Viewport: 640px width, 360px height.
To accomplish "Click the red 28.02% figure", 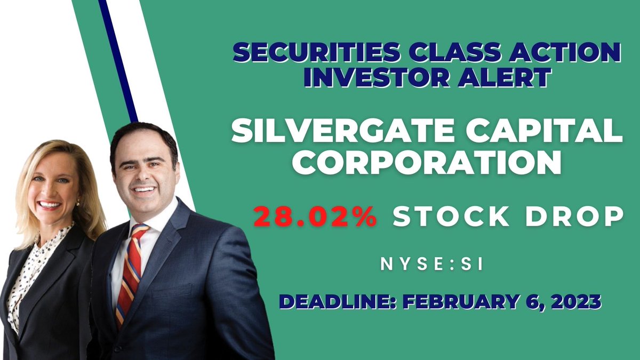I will (x=316, y=218).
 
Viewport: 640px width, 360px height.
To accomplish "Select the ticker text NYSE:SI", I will (x=433, y=265).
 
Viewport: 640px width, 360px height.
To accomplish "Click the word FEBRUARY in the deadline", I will (x=464, y=302).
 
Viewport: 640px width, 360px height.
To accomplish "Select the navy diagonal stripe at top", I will (x=118, y=59).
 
